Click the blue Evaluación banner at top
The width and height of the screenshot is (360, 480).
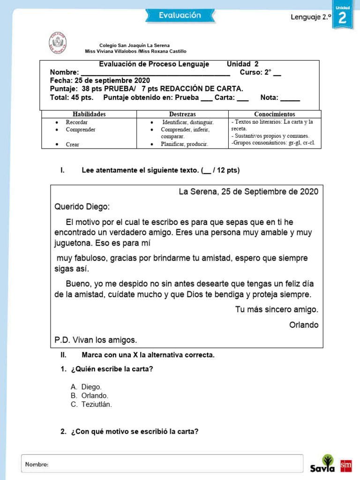click(180, 15)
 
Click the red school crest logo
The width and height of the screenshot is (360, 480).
click(58, 42)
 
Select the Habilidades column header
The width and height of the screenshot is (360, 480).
click(89, 114)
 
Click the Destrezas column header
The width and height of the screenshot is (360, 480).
click(182, 114)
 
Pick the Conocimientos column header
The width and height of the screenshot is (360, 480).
click(275, 114)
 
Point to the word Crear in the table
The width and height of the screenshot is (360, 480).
click(72, 144)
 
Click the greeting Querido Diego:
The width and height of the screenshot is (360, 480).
click(82, 207)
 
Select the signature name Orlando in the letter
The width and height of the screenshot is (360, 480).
click(303, 325)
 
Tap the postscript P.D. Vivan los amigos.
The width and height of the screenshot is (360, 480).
click(96, 340)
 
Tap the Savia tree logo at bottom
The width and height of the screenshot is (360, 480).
click(323, 464)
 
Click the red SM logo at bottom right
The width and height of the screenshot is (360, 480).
click(345, 465)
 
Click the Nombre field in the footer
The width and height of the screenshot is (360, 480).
click(162, 464)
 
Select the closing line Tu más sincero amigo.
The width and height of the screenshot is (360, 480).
click(277, 309)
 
